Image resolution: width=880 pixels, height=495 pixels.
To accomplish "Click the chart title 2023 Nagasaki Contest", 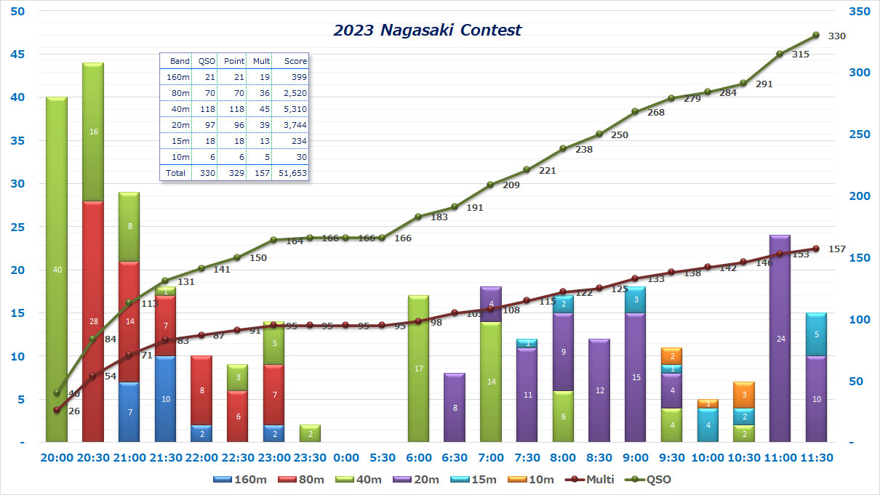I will [427, 31].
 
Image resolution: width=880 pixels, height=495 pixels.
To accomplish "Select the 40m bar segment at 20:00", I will [57, 270].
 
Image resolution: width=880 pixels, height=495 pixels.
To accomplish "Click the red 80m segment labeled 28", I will [93, 321].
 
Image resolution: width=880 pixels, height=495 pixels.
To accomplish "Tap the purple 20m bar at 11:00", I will [780, 338].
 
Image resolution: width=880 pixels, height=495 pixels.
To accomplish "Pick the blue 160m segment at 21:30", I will [166, 399].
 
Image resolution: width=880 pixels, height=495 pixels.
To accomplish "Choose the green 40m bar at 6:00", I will [418, 369].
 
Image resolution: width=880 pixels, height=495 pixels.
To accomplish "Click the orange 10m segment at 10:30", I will [743, 395].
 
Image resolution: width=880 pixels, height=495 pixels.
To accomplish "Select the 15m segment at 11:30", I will [816, 334].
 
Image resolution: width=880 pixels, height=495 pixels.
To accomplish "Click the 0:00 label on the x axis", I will [346, 458].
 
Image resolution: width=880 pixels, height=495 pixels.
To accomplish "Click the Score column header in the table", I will [295, 61].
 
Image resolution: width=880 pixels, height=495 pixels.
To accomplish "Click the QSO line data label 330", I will [837, 36].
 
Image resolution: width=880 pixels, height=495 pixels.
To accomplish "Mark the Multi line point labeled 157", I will [816, 249].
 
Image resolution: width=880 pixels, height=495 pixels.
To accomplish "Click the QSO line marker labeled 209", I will [491, 185].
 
